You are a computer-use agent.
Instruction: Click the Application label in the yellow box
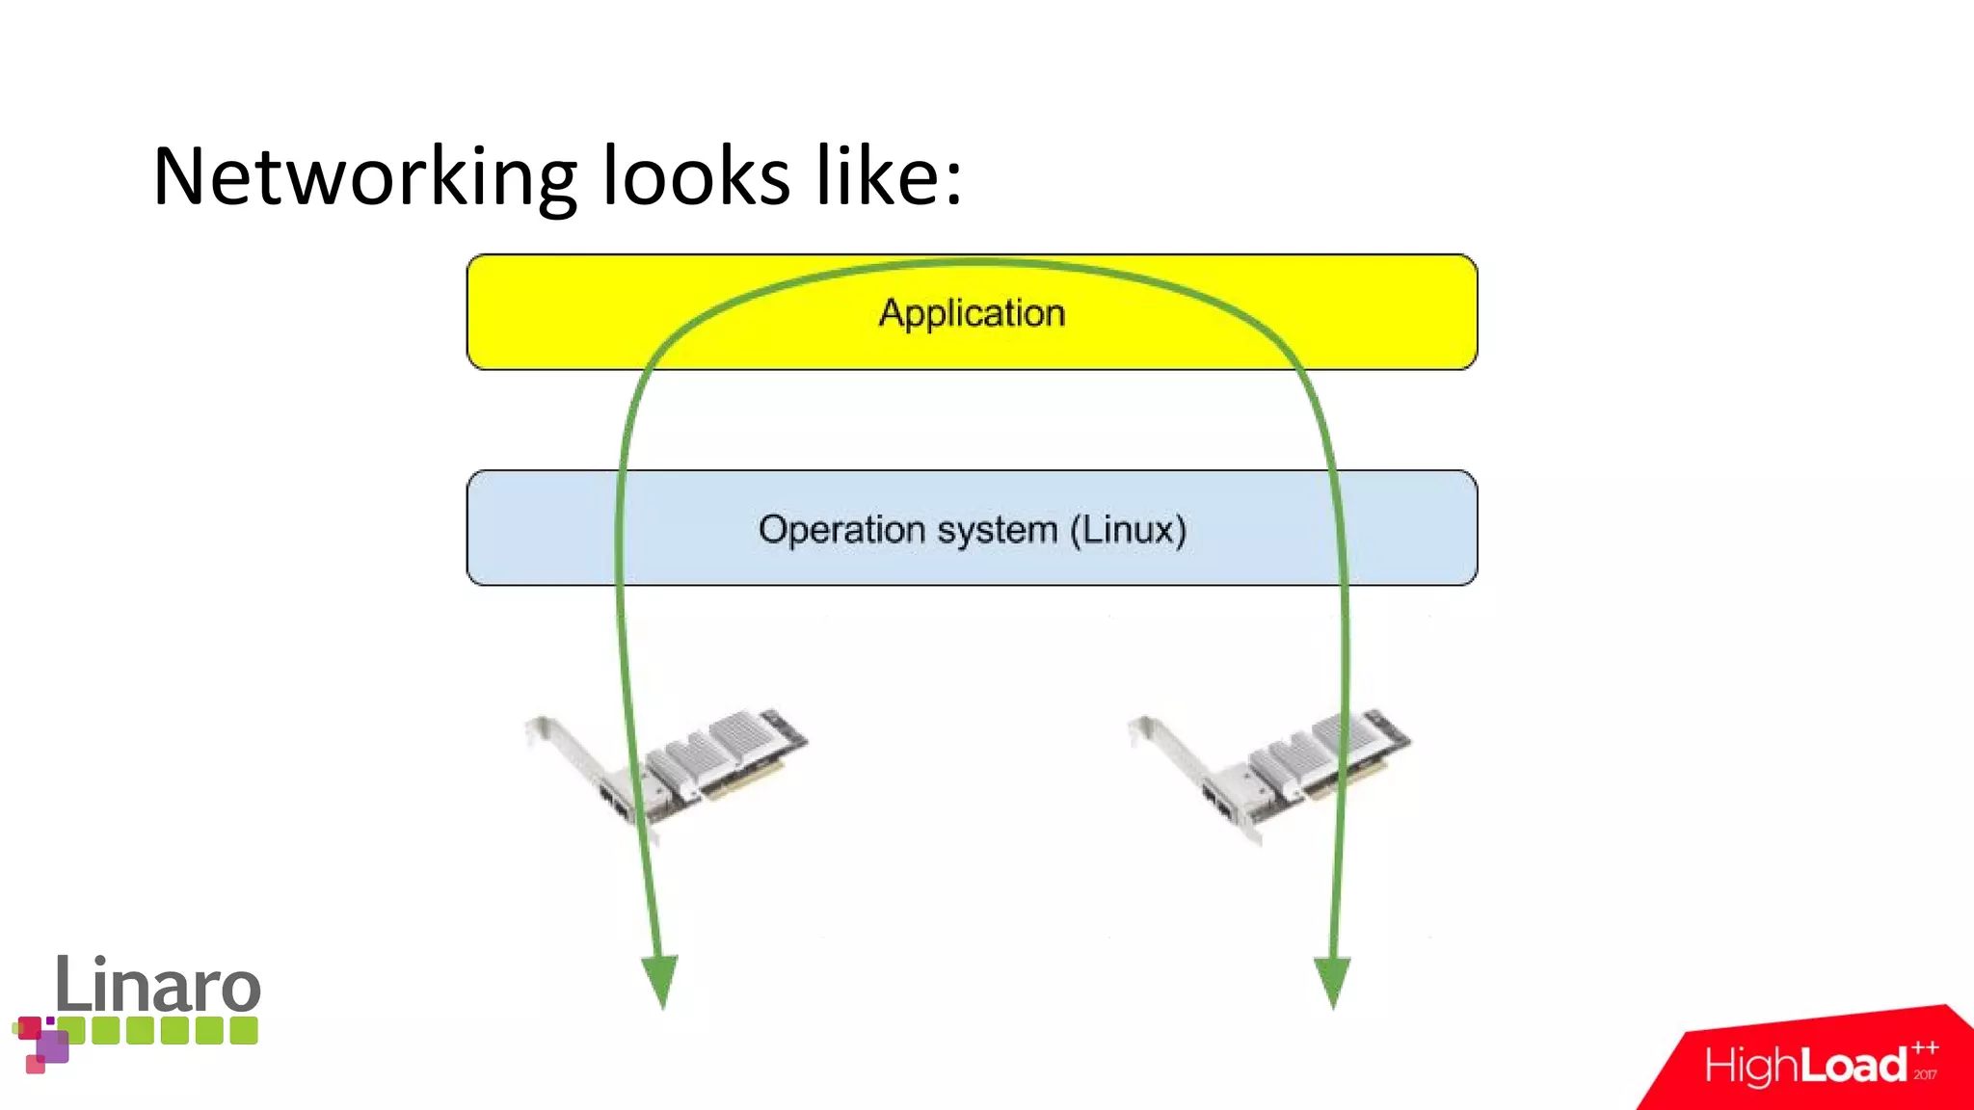[972, 313]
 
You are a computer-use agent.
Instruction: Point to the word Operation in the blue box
[841, 529]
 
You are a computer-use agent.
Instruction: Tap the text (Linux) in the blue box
[1128, 529]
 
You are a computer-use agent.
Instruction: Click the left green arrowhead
[661, 979]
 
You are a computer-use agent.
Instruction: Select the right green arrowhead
[1332, 979]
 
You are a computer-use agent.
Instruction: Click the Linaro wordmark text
[158, 985]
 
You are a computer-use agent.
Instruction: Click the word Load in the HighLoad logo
[1854, 1066]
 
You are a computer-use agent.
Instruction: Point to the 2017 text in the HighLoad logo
[1925, 1074]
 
